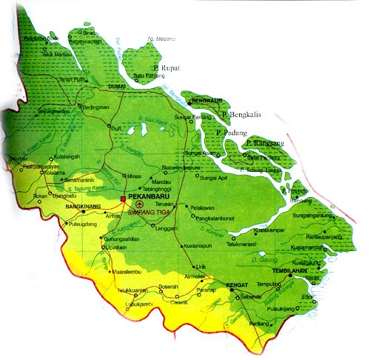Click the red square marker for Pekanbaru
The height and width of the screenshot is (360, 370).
pyautogui.click(x=123, y=199)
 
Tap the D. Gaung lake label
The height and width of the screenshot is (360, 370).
pyautogui.click(x=263, y=260)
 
